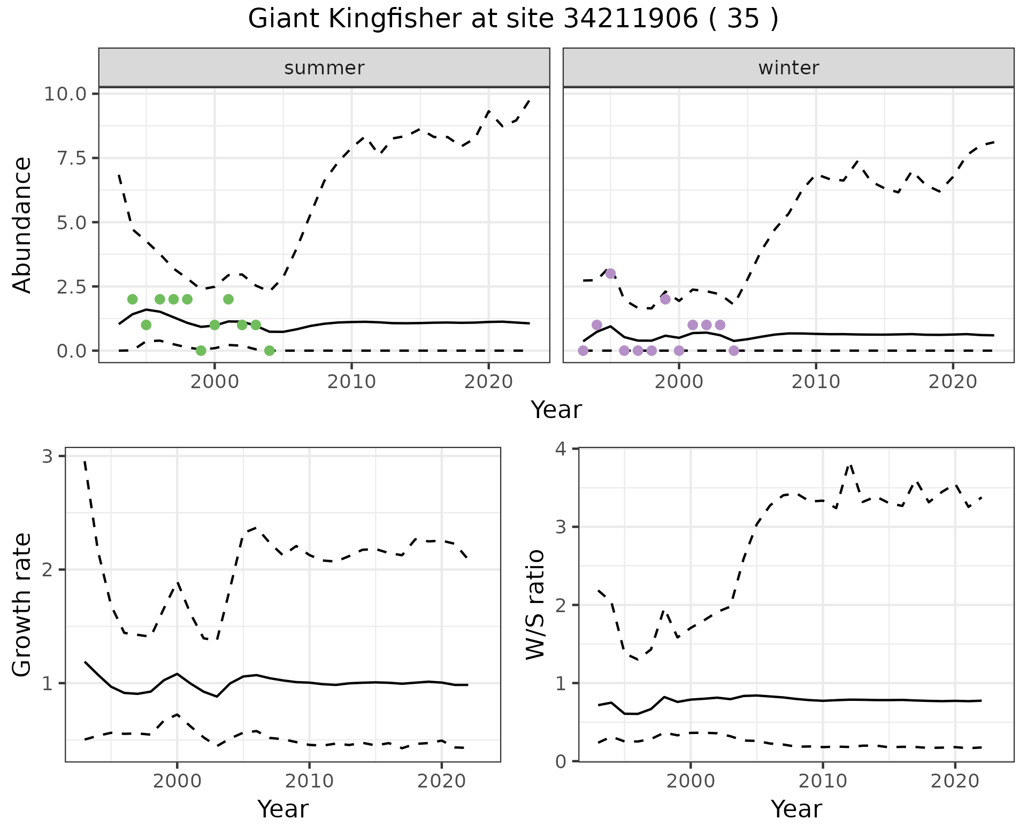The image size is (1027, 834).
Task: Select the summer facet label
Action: coord(324,68)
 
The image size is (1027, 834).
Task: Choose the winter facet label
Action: coord(788,68)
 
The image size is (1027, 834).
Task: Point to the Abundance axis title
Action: coord(22,225)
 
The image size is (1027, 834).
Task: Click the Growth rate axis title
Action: coord(22,605)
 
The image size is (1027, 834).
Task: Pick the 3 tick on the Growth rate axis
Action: coord(48,457)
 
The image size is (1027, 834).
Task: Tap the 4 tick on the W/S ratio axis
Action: coord(561,449)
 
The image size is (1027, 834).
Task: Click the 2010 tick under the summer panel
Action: coord(351,382)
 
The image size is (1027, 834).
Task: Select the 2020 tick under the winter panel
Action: coord(952,382)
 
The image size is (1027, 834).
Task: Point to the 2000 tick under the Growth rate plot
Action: coord(177,781)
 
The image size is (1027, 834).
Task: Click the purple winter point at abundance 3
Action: coord(610,274)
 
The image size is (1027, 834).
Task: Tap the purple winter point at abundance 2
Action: coord(665,299)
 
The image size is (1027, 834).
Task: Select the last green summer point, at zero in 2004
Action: coord(270,351)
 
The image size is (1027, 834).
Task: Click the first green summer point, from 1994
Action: coord(133,299)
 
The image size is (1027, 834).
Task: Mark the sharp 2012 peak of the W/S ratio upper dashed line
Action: coord(849,465)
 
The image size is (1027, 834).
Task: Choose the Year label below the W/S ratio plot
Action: coord(796,809)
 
